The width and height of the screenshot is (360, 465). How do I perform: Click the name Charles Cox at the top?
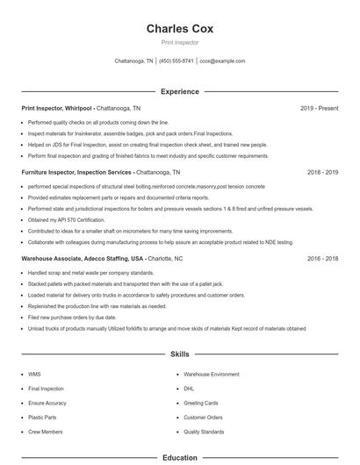[180, 28]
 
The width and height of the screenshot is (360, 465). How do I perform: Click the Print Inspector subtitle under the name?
[180, 42]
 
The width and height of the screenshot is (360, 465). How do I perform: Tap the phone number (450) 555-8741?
[176, 61]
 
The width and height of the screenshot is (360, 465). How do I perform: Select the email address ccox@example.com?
[222, 61]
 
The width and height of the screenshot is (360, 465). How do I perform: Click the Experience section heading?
[180, 91]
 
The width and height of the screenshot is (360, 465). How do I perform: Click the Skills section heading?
[180, 354]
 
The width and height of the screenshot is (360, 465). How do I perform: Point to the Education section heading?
[180, 457]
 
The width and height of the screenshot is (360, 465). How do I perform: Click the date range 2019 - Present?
[320, 108]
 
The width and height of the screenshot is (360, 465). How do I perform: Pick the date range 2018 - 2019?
[322, 173]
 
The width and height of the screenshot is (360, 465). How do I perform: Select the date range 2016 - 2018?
[322, 259]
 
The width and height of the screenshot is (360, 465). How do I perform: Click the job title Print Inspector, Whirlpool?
[57, 108]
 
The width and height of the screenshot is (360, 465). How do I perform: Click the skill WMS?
[34, 374]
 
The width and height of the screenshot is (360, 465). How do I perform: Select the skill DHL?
[189, 388]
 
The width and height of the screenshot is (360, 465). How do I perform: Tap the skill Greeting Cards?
[200, 403]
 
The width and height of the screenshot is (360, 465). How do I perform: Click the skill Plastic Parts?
[42, 418]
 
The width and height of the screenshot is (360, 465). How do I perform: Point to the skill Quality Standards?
[204, 432]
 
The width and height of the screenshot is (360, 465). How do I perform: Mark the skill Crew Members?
[45, 432]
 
